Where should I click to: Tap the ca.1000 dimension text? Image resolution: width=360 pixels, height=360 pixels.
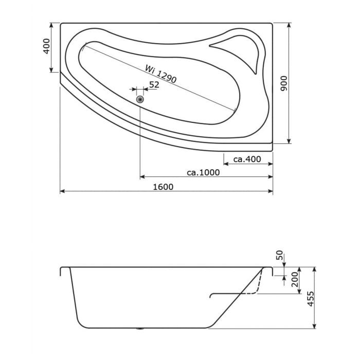pyautogui.click(x=203, y=172)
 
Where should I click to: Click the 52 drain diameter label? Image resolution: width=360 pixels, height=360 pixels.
pyautogui.click(x=154, y=85)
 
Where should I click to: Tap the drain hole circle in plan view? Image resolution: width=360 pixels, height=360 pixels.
pyautogui.click(x=140, y=99)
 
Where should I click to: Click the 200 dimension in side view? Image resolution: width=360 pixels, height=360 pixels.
pyautogui.click(x=295, y=280)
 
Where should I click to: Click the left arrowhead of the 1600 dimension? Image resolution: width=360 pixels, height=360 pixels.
pyautogui.click(x=62, y=191)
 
